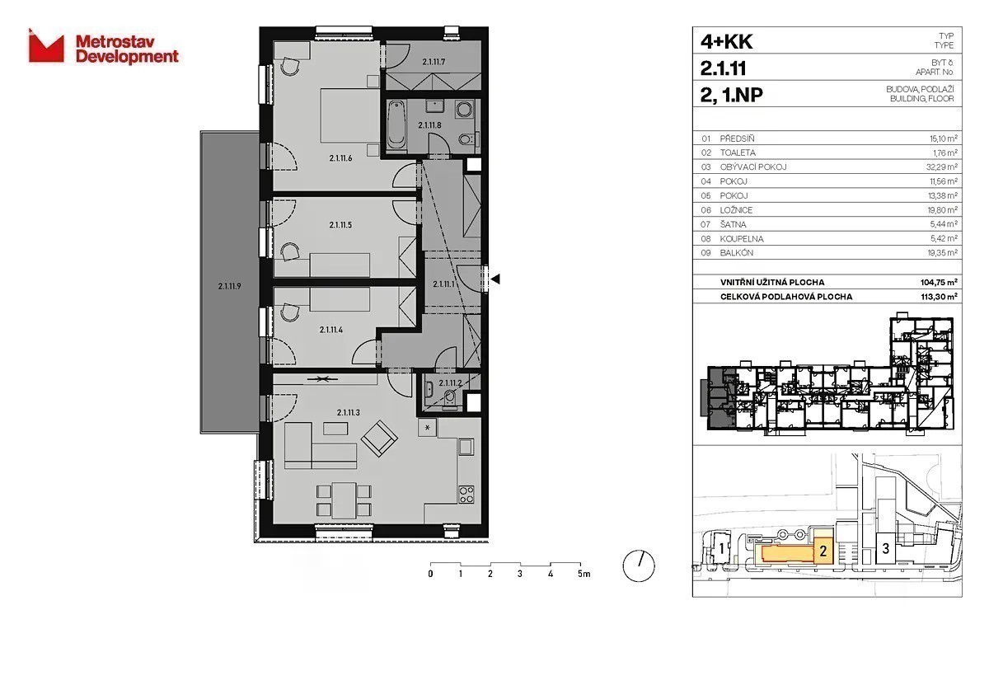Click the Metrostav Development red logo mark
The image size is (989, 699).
tap(46, 46)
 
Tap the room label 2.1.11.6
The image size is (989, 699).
tap(340, 158)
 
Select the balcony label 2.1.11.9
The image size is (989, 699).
tap(229, 286)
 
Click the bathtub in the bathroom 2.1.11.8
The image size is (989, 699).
tap(396, 125)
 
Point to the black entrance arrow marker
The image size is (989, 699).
tap(495, 279)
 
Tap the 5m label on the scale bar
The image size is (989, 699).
tap(584, 574)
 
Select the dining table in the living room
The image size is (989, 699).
tap(344, 500)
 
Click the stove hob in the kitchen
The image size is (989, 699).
tap(466, 494)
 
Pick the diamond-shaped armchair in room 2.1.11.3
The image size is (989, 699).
tap(379, 439)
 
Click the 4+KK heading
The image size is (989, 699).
tap(726, 42)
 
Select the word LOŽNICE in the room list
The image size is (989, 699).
tap(736, 210)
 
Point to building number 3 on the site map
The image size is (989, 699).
tap(885, 549)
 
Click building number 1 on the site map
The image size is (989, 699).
tap(721, 549)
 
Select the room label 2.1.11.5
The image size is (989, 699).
tap(340, 225)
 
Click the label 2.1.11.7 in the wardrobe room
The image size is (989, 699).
tap(434, 63)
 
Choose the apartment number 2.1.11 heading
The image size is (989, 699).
tap(724, 68)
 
